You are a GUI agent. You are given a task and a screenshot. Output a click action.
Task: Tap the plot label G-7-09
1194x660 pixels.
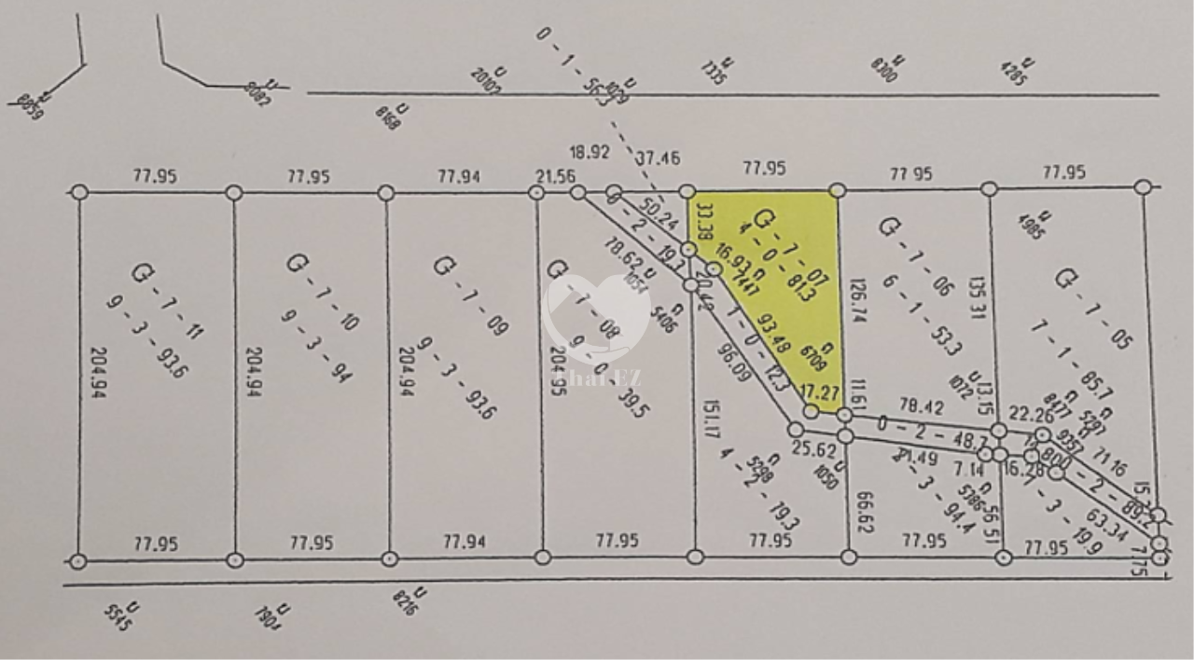[471, 292]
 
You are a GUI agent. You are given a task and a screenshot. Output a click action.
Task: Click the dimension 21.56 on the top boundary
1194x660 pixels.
[554, 175]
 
